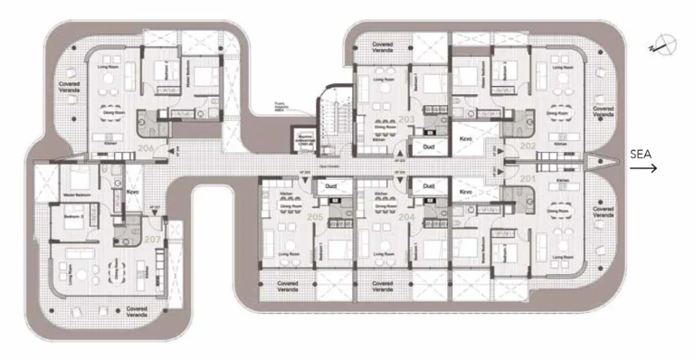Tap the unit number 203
[x=405, y=118]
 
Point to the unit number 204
[x=405, y=217]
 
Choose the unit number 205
[x=314, y=218]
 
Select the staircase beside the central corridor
[x=330, y=118]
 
